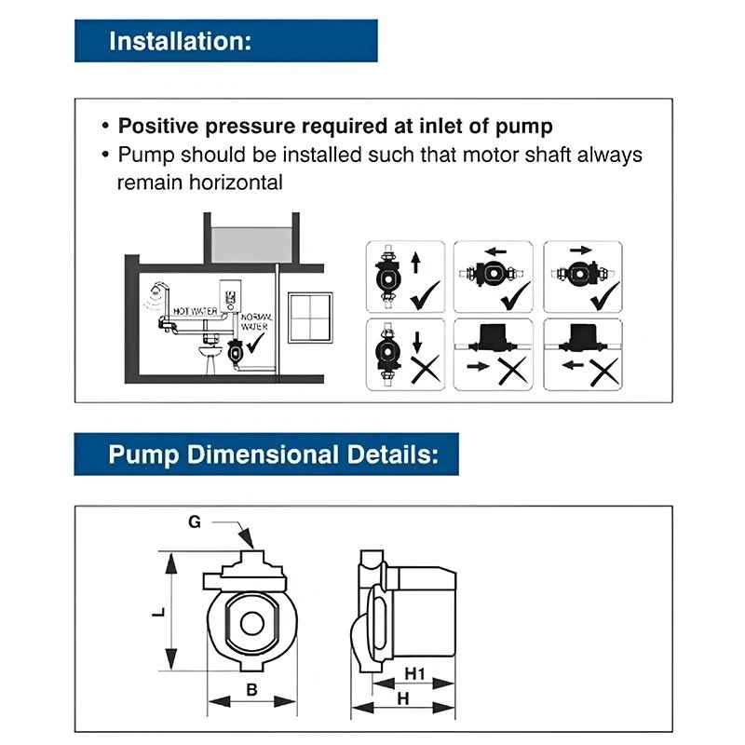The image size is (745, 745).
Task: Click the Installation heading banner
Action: click(226, 41)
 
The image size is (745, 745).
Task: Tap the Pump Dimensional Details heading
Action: click(267, 455)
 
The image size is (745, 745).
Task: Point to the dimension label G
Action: click(195, 522)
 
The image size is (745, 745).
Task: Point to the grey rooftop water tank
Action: click(251, 241)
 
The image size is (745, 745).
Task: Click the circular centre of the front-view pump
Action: click(250, 624)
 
